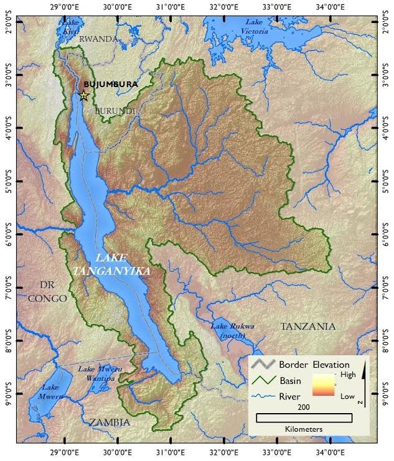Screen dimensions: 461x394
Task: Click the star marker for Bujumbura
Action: pyautogui.click(x=84, y=96)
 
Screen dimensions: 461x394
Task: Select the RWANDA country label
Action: pyautogui.click(x=98, y=39)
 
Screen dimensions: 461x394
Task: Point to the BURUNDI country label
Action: pyautogui.click(x=115, y=111)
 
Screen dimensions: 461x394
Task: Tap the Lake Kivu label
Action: pyautogui.click(x=72, y=25)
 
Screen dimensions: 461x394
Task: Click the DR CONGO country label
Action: pyautogui.click(x=47, y=291)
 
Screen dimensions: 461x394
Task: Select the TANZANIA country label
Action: pyautogui.click(x=307, y=326)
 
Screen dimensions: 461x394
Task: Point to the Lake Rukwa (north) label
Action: pyautogui.click(x=230, y=330)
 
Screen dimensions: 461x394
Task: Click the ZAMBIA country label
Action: pyautogui.click(x=110, y=422)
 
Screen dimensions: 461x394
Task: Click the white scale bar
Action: pyautogui.click(x=304, y=417)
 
